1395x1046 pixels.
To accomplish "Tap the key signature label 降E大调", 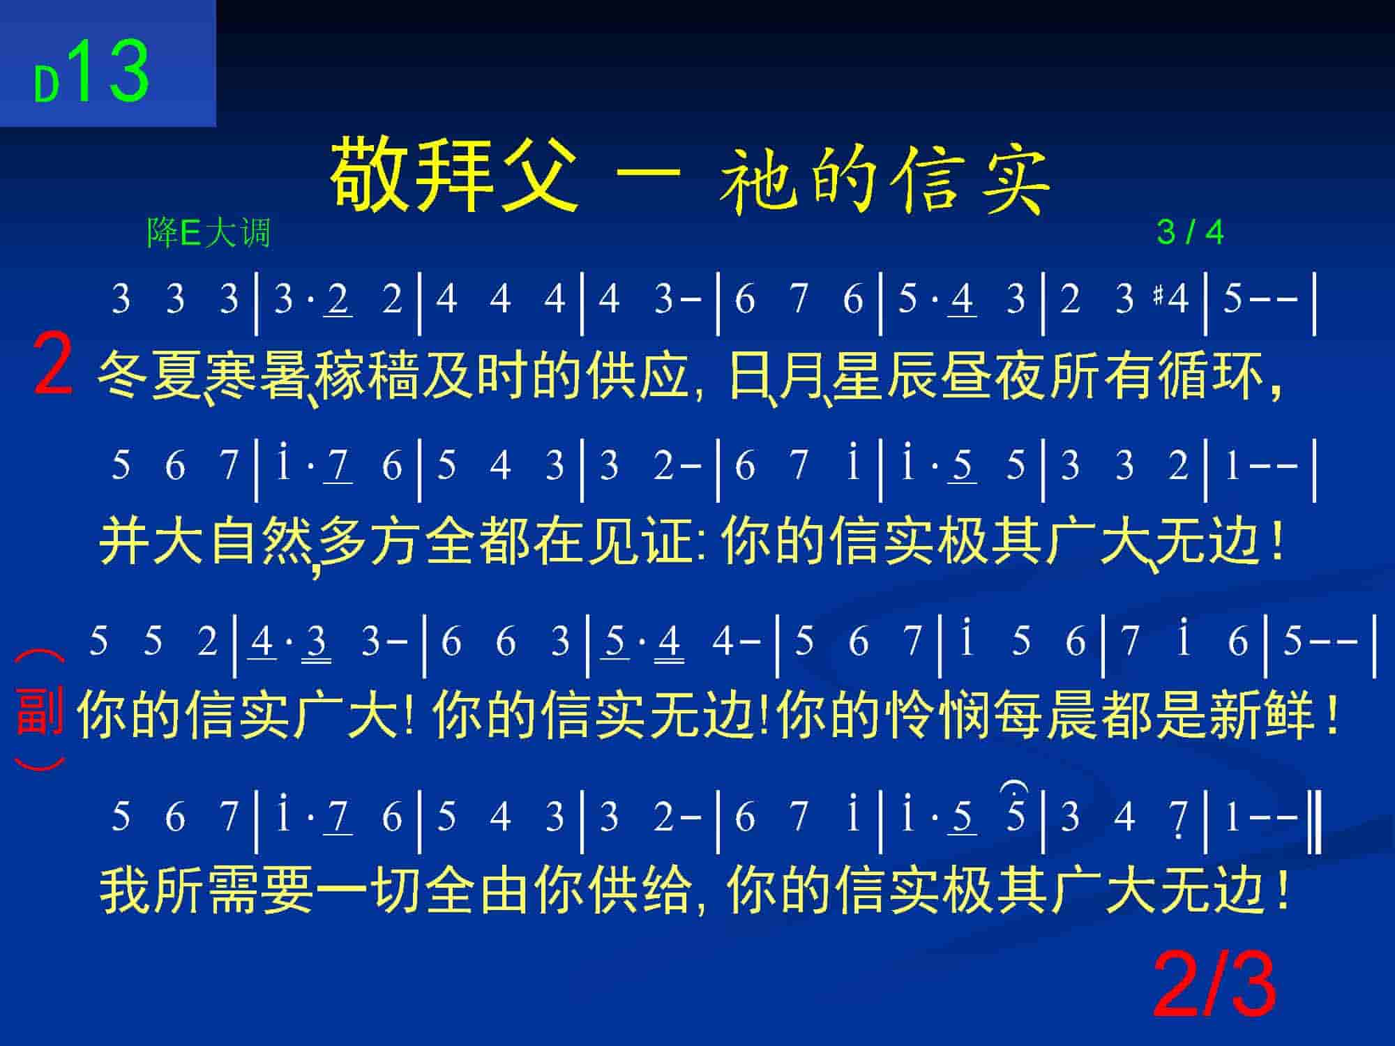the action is pyautogui.click(x=209, y=233).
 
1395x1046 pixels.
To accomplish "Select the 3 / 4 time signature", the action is pyautogui.click(x=1190, y=232).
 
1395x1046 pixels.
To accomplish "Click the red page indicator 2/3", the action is pyautogui.click(x=1214, y=986).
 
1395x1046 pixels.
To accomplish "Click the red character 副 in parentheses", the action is pyautogui.click(x=40, y=711).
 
